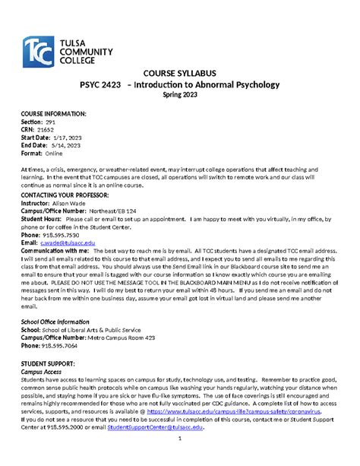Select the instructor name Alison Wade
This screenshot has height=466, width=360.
[73, 204]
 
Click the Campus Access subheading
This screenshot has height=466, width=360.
[46, 373]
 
